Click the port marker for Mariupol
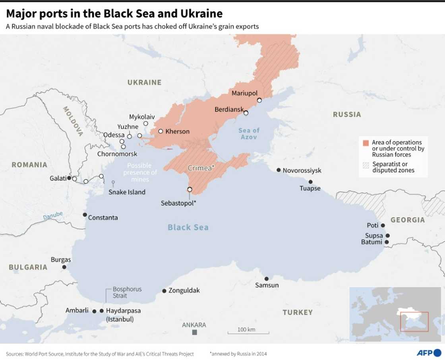[259, 100]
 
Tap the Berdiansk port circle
[246, 113]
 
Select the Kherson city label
[177, 131]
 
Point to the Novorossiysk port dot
[279, 170]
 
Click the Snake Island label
[127, 192]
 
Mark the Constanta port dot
[85, 215]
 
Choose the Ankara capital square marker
[194, 332]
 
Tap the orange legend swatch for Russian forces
[366, 142]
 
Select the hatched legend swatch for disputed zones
[366, 165]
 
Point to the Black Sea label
[188, 227]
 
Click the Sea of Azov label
[249, 133]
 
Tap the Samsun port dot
[266, 279]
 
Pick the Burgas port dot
[64, 267]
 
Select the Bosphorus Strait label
[127, 292]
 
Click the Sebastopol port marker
[190, 189]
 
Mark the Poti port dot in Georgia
[383, 225]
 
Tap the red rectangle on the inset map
[414, 321]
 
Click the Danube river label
[53, 216]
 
